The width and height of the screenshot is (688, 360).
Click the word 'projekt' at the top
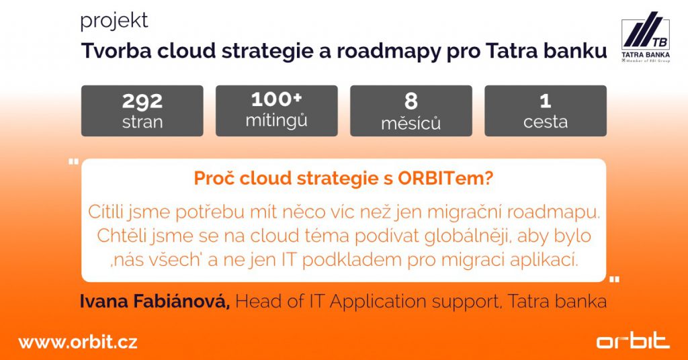click(114, 21)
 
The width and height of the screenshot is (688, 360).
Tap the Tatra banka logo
click(644, 41)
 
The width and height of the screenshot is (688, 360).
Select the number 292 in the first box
click(142, 101)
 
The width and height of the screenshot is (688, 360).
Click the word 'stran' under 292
click(142, 122)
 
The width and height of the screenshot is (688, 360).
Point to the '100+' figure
click(276, 99)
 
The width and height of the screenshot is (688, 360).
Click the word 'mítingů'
click(276, 122)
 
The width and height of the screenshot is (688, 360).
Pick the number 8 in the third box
click(411, 101)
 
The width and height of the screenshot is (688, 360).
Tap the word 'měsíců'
click(411, 122)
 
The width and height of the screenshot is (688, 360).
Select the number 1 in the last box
click(546, 101)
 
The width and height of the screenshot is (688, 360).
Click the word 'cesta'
click(546, 122)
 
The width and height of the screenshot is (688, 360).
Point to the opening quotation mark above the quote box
click(73, 162)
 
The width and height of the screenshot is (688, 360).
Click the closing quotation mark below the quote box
click(613, 279)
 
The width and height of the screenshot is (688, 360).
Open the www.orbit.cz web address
click(78, 343)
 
